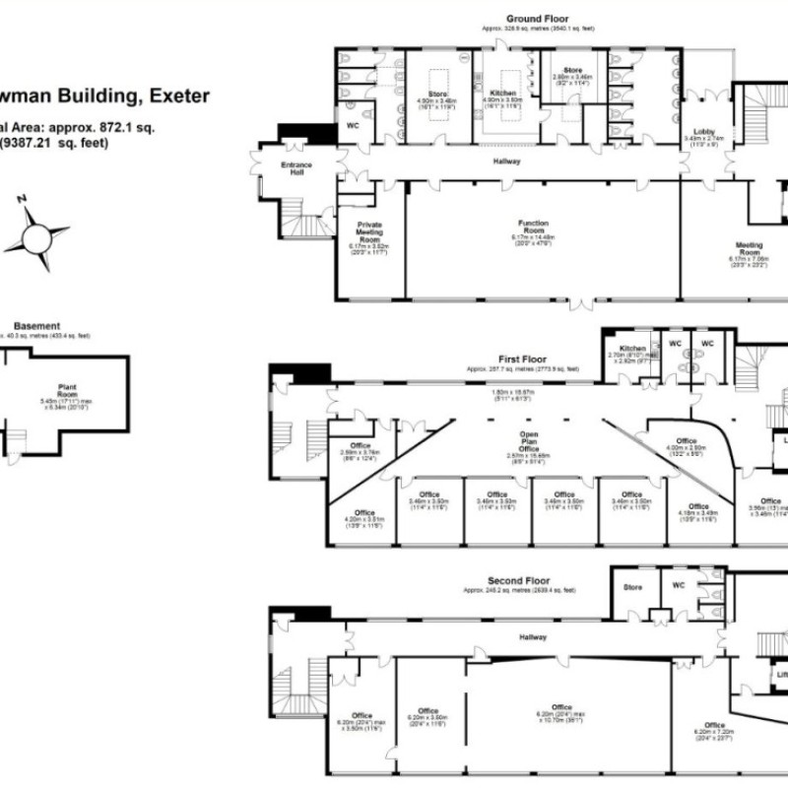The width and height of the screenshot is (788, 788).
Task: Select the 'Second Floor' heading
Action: (x=519, y=581)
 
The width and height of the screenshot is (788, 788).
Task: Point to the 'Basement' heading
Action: (x=36, y=326)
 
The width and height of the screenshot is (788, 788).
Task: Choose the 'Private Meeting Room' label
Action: (x=369, y=232)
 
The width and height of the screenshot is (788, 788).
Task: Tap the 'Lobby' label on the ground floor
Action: (x=704, y=131)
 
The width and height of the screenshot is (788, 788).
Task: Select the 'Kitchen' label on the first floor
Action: (x=633, y=349)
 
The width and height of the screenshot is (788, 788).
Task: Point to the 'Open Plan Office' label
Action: (x=536, y=442)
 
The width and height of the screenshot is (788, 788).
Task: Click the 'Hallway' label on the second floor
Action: (x=535, y=638)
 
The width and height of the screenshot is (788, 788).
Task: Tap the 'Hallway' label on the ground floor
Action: (x=508, y=161)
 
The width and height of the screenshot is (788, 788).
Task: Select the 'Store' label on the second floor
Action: (x=632, y=588)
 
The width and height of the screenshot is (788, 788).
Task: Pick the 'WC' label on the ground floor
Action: (x=352, y=128)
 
